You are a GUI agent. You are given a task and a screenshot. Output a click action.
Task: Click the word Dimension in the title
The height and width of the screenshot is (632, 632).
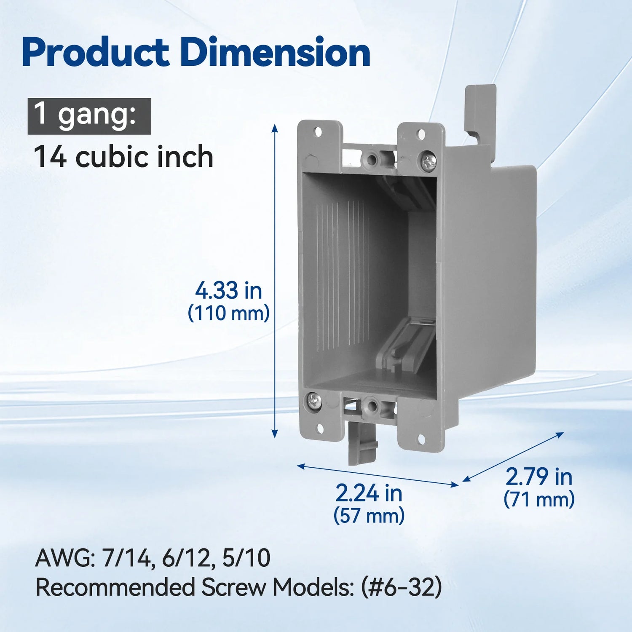coord(276,53)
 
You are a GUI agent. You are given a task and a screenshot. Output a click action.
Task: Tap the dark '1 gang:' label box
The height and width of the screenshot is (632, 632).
coord(89,116)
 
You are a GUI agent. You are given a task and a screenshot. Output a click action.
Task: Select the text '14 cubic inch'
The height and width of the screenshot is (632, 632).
coord(123,157)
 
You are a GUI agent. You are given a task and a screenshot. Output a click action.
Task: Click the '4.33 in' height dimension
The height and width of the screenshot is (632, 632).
coord(228,291)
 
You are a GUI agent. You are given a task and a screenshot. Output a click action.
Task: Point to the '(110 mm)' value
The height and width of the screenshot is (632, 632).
coord(228,313)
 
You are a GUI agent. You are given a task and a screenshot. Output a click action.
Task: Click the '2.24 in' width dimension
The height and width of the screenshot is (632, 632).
coord(369,493)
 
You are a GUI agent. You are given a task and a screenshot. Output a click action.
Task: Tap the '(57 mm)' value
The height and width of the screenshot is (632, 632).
coord(369,515)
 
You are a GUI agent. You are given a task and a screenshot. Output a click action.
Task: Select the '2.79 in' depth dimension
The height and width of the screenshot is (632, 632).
coord(539,477)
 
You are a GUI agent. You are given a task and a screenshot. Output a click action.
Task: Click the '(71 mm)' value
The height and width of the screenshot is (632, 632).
coord(539,499)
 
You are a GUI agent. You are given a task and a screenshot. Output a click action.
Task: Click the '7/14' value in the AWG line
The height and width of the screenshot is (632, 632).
coord(126,558)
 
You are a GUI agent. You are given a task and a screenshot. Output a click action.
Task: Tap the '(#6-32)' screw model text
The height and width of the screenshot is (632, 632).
coord(401,587)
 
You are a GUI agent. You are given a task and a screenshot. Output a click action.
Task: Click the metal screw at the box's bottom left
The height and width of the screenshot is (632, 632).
coord(314,400)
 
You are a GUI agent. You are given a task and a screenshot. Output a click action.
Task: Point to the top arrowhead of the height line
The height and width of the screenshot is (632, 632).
coord(275,127)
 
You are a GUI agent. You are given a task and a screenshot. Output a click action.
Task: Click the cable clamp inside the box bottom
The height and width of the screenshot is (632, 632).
coord(407,343)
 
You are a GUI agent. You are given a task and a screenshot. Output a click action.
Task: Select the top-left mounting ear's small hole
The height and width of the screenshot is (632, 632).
coord(318,132)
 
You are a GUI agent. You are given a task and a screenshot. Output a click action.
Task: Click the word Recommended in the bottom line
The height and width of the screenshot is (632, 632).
coord(115,587)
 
